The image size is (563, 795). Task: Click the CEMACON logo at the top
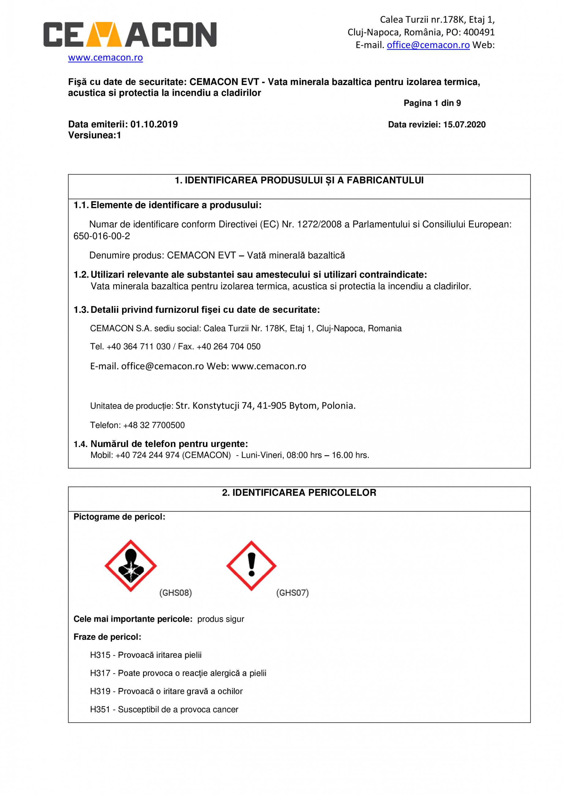click(130, 34)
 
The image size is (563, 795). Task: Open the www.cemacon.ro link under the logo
click(105, 57)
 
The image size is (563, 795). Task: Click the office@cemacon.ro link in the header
click(428, 45)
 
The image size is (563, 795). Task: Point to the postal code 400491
click(479, 32)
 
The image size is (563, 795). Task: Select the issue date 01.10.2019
click(154, 124)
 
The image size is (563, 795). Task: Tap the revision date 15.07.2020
click(464, 125)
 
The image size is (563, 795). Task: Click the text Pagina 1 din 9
click(432, 103)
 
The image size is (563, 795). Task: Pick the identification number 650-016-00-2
click(102, 236)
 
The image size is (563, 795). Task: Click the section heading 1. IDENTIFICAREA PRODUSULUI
click(299, 180)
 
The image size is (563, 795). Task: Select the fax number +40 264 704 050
click(229, 347)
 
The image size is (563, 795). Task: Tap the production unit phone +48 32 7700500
click(154, 425)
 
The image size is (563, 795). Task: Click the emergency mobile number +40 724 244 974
click(147, 455)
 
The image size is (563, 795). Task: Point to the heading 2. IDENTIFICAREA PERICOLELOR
click(299, 493)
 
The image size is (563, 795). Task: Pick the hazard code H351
click(100, 709)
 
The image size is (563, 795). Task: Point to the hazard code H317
click(100, 673)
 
